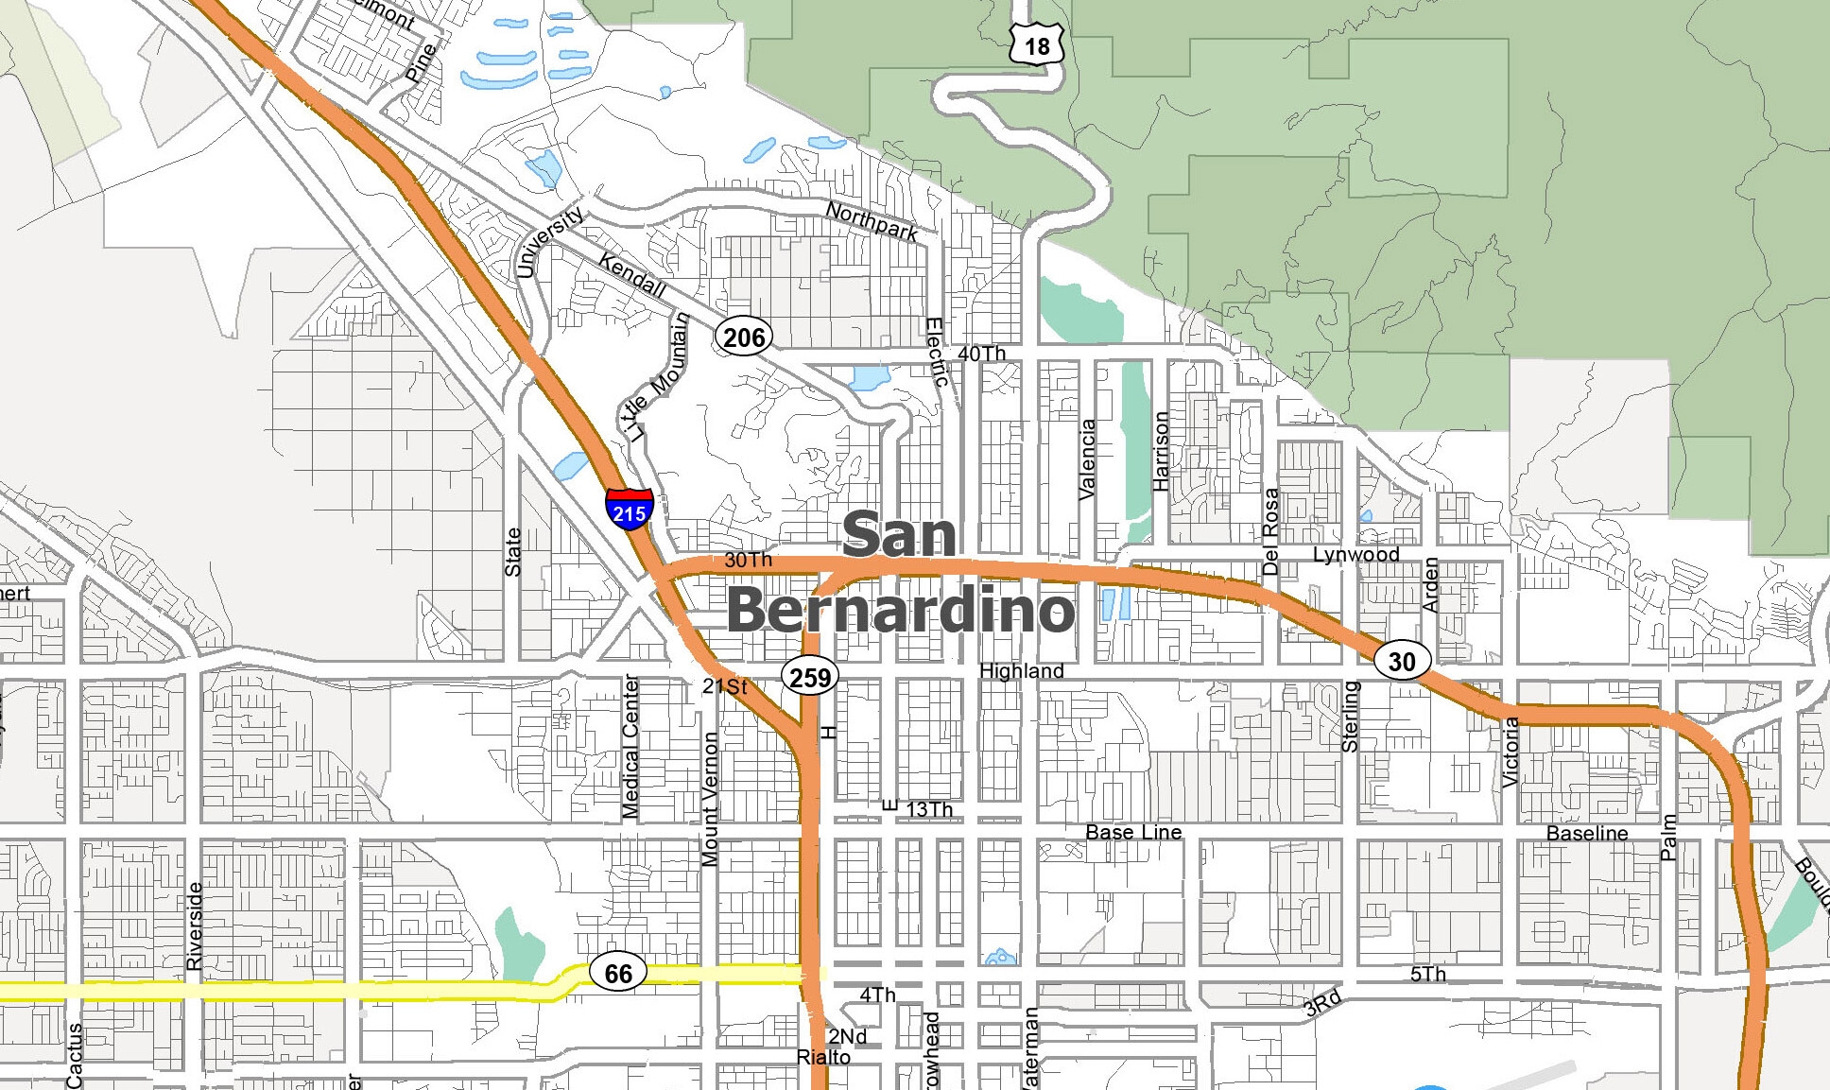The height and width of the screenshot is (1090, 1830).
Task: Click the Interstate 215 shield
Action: click(x=629, y=510)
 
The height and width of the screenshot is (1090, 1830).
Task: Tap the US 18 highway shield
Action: click(x=1036, y=44)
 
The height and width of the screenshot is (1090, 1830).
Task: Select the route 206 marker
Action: click(x=743, y=337)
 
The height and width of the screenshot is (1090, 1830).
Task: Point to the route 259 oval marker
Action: click(x=810, y=677)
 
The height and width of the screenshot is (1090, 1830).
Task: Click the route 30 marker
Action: click(x=1401, y=661)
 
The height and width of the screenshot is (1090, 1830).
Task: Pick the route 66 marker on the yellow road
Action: click(x=618, y=973)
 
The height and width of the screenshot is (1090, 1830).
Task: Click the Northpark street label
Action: click(x=872, y=221)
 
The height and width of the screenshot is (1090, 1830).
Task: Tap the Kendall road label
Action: click(x=632, y=274)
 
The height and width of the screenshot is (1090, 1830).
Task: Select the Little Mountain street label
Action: click(x=656, y=378)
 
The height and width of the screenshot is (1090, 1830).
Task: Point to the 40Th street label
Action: click(x=981, y=354)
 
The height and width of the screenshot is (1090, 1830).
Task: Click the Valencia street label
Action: click(x=1087, y=458)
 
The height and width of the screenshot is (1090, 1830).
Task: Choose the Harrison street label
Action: click(x=1161, y=451)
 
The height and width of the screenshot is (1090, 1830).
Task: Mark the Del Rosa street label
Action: click(x=1270, y=531)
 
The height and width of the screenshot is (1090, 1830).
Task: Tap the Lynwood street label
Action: click(x=1355, y=555)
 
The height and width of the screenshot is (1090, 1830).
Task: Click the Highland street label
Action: click(x=1021, y=670)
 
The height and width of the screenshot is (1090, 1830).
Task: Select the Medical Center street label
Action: click(x=630, y=747)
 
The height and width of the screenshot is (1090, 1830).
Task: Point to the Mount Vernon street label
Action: click(x=710, y=799)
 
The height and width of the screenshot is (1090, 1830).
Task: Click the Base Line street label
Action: click(x=1133, y=832)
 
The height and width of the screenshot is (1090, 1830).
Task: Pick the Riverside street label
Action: click(x=194, y=926)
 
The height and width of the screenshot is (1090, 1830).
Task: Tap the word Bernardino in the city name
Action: click(x=900, y=610)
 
